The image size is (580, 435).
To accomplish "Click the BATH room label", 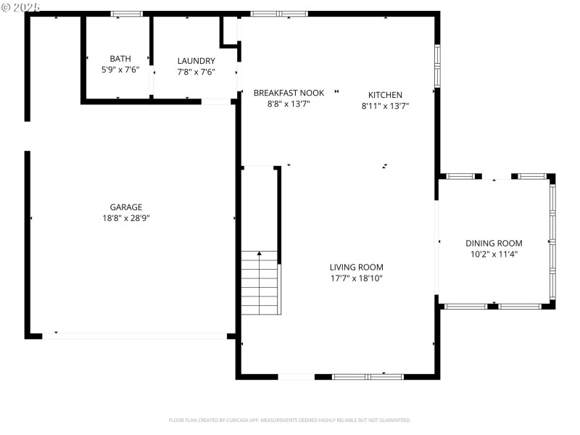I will point(120,59).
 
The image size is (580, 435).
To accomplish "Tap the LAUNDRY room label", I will point(196,61).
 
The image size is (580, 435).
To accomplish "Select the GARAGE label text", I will point(126,207).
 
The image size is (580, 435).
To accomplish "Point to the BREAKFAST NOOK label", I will point(289,93).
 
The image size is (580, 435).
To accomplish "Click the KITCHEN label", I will point(385,95).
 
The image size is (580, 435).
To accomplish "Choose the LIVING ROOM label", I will point(356,267).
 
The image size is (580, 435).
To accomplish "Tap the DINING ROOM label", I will point(493,243).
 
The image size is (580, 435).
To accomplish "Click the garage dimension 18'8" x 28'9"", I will point(126,217).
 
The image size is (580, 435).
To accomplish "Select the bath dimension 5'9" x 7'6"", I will point(120,70).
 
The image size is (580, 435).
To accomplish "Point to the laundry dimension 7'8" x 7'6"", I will point(196,72).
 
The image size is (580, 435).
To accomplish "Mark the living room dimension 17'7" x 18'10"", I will point(356,278).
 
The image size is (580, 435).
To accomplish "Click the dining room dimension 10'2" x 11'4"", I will point(493,254).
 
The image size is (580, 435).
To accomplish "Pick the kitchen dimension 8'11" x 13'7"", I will point(385,106).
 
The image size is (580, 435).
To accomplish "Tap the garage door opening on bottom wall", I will point(134,336).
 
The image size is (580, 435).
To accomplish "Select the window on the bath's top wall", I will point(127,14).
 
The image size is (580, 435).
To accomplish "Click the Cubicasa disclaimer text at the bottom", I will point(290,420).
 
